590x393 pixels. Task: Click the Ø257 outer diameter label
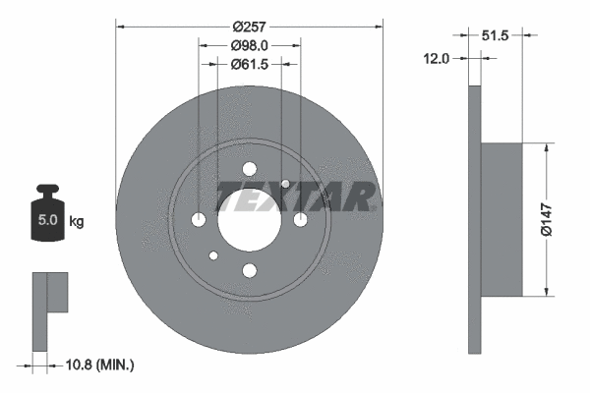point(250,18)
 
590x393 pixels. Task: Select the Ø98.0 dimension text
point(250,45)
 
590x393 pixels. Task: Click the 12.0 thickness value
point(438,59)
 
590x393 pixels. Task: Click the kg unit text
point(76,222)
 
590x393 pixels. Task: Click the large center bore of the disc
point(249,218)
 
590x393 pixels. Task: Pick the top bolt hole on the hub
point(249,168)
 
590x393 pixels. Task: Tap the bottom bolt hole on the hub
point(249,270)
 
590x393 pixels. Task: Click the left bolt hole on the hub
point(199,219)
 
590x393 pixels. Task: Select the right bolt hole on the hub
point(300,219)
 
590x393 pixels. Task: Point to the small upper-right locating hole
point(285,183)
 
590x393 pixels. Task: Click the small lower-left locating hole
point(213,256)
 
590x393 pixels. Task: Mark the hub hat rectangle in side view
point(501,218)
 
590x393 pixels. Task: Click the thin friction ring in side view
point(475,218)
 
